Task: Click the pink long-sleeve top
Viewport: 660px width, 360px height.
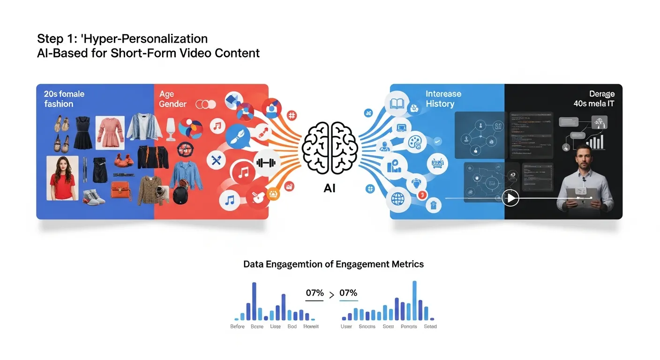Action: pos(110,132)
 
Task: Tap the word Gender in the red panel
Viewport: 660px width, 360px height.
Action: pos(172,104)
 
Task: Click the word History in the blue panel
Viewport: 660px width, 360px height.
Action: pos(440,104)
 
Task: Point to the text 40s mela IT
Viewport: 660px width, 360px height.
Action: pos(593,104)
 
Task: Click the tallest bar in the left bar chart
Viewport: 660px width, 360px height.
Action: pos(254,301)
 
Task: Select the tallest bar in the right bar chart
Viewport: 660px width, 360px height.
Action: pos(414,300)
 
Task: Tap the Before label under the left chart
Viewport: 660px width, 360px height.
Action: pos(237,326)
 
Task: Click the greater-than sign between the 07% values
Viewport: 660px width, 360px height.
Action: pos(331,295)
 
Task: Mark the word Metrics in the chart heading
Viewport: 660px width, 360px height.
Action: pos(406,264)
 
